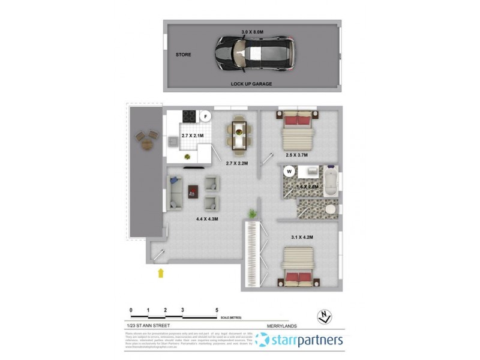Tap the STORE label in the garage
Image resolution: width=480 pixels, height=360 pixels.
coord(183,55)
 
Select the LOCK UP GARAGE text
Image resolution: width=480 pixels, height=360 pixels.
coord(251,84)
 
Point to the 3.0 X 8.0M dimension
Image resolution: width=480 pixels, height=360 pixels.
coord(253,31)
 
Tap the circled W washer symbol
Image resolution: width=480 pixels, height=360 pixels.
coord(289,172)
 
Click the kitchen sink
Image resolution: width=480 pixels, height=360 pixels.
coord(172,142)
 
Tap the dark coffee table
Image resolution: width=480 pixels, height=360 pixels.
coord(194,191)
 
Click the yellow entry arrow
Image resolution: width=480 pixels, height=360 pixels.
coord(160,274)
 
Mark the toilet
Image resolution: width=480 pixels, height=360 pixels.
coord(331,210)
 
